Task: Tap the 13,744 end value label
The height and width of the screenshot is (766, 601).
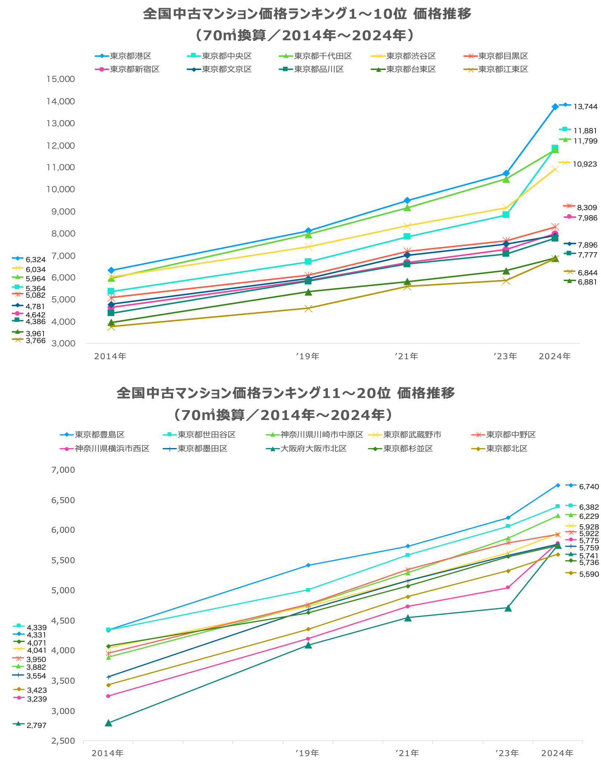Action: click(585, 107)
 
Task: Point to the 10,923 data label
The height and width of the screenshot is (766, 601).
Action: click(585, 164)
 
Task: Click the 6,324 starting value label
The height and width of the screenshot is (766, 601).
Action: click(36, 260)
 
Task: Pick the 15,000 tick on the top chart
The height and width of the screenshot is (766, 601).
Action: click(60, 79)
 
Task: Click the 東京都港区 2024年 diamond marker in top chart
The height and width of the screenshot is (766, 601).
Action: click(555, 107)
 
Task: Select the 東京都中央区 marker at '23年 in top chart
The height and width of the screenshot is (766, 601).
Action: click(506, 215)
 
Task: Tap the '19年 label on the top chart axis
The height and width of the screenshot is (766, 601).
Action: click(308, 356)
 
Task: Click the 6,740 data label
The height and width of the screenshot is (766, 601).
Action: click(589, 487)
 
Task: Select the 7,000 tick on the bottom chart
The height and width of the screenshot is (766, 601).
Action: click(63, 470)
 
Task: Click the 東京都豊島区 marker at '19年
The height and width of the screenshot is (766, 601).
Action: click(308, 565)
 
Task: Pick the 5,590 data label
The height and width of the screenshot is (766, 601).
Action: click(589, 574)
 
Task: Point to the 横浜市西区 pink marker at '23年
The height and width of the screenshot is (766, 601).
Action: click(508, 588)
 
